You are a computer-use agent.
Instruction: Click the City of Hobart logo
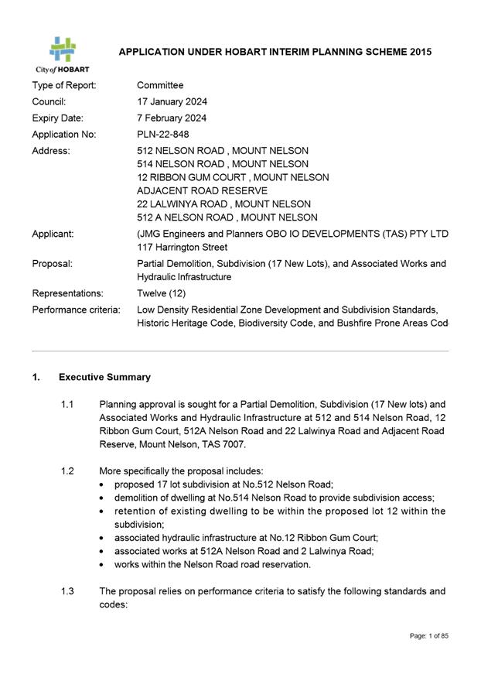point(63,53)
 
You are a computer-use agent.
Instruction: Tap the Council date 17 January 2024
point(172,101)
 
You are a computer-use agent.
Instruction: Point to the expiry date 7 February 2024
point(172,118)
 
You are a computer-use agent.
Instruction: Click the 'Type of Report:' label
point(64,85)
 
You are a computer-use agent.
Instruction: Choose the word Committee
point(160,85)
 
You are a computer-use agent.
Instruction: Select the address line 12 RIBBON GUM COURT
point(232,177)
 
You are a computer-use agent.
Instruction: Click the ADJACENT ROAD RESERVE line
point(202,190)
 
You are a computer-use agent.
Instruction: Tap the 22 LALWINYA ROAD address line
point(223,204)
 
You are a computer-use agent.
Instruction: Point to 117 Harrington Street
point(182,248)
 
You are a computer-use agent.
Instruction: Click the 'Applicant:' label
point(53,233)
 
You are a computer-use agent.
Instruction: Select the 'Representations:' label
point(67,293)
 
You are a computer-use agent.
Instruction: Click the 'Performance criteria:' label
point(76,310)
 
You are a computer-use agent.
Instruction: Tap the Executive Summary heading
point(104,377)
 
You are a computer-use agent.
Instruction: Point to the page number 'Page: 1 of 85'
point(429,636)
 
